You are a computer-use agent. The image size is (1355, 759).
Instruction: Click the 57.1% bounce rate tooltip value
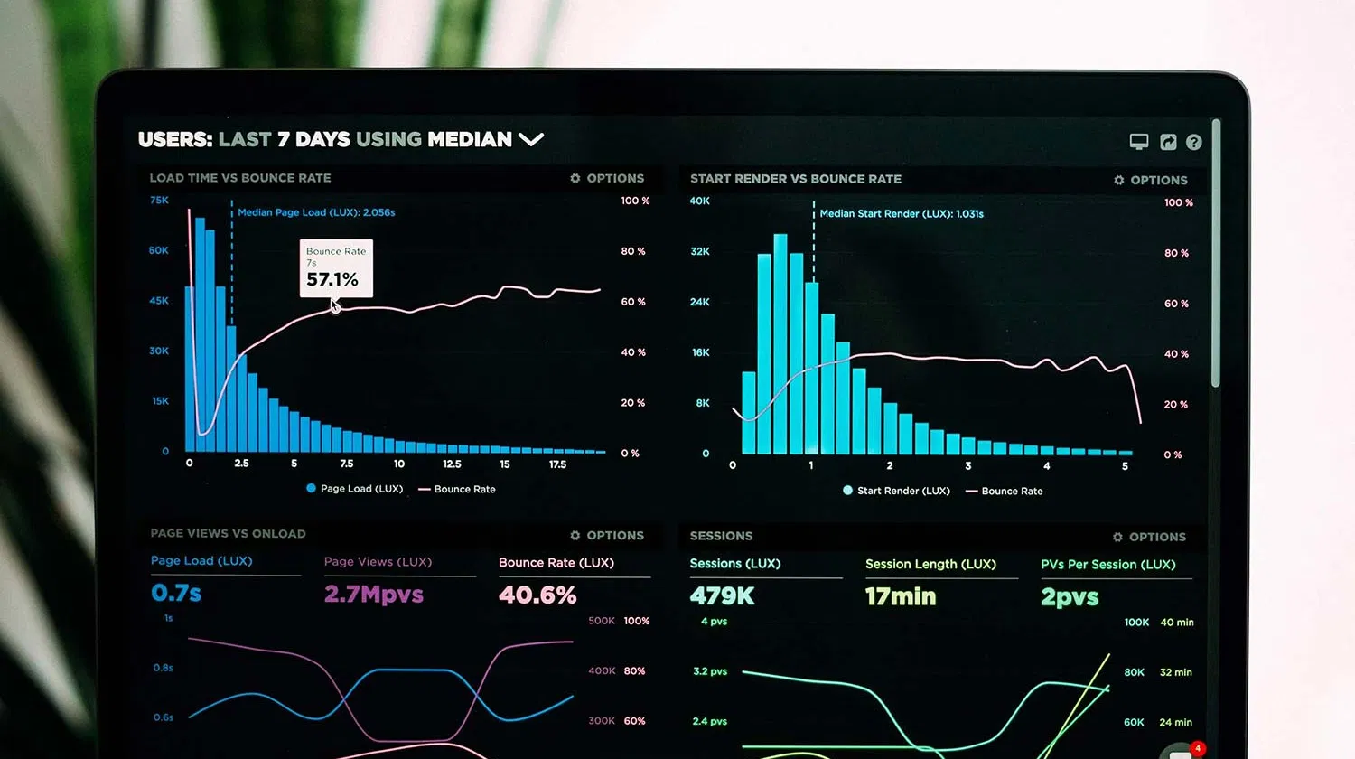[332, 280]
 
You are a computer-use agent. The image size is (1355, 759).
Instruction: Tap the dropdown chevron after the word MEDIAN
[531, 139]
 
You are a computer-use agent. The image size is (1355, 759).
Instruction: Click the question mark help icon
[1194, 142]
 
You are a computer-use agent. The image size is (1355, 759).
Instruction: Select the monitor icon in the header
[1139, 142]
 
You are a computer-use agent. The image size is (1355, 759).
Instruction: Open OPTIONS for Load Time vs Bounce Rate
[607, 179]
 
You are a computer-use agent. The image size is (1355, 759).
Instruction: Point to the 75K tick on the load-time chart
[159, 201]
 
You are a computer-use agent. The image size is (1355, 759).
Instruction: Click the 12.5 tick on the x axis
[452, 464]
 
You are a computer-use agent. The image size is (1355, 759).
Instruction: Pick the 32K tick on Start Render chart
[700, 251]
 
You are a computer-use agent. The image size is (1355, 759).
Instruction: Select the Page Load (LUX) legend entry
[355, 489]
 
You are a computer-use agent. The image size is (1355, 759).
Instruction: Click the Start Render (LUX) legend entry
[896, 491]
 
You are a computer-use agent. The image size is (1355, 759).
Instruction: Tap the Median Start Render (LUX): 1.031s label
[902, 214]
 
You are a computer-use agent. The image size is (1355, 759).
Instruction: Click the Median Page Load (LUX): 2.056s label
[316, 212]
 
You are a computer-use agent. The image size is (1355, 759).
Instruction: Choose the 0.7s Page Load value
[176, 593]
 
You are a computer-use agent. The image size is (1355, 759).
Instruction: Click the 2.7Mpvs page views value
[373, 595]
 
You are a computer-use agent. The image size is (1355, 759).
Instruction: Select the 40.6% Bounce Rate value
[537, 595]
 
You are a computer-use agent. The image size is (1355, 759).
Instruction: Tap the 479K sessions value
[722, 596]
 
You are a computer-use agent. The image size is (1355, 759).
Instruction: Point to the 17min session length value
[901, 596]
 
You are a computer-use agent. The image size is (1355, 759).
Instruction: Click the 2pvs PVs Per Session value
[1070, 597]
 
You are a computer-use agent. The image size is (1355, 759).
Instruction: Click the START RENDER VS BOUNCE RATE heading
[796, 179]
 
